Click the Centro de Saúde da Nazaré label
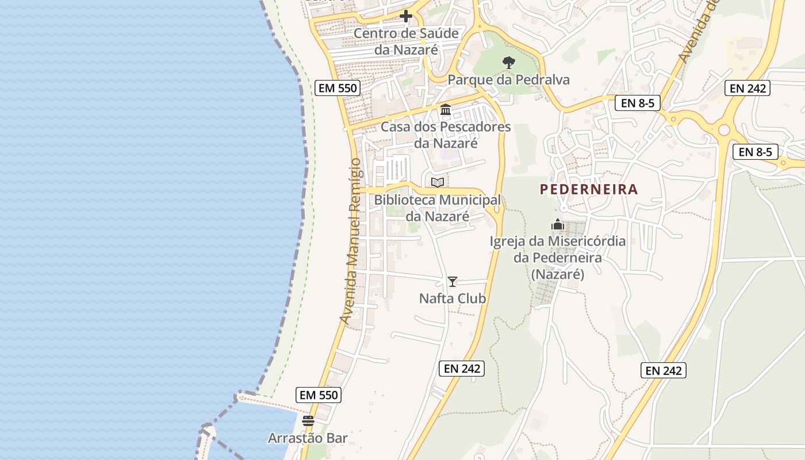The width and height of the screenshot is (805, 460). [x=407, y=41]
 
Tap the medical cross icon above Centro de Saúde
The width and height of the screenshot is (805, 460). [x=406, y=16]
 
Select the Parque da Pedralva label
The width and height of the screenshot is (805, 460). [x=509, y=80]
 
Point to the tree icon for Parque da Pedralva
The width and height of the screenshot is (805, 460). [x=508, y=62]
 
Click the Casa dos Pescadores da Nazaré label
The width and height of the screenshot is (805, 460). [x=446, y=135]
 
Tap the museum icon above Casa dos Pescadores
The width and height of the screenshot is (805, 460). [x=445, y=109]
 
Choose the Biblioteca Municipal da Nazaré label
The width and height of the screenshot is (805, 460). [x=438, y=208]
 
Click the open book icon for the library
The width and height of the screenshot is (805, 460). [x=438, y=182]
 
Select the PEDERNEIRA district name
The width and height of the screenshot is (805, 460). [x=589, y=189]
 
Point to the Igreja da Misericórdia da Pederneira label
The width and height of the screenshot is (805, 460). [x=557, y=258]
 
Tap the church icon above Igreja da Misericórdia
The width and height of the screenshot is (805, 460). [x=557, y=224]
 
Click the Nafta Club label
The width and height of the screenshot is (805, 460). [x=453, y=298]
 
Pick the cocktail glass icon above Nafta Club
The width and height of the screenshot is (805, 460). [x=453, y=281]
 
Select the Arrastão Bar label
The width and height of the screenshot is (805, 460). [x=308, y=438]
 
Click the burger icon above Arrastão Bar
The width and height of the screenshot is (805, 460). [x=308, y=421]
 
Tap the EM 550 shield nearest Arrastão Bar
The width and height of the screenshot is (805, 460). [x=319, y=395]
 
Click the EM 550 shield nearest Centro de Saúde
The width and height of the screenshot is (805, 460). [x=338, y=88]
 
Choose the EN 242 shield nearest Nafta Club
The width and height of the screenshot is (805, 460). [x=462, y=369]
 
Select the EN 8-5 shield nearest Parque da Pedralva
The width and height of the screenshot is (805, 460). [x=638, y=103]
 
